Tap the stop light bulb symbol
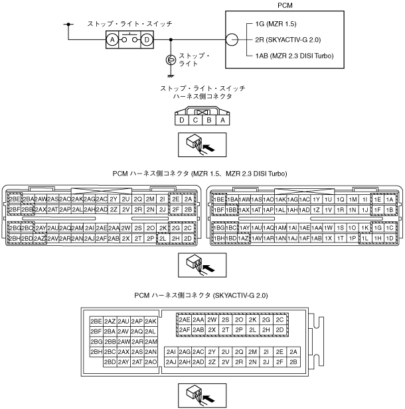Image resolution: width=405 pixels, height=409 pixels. (171, 60)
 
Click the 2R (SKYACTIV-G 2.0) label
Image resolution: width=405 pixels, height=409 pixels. (293, 40)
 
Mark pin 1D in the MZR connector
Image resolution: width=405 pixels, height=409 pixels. (389, 238)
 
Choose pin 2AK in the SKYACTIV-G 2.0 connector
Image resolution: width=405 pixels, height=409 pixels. (151, 321)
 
